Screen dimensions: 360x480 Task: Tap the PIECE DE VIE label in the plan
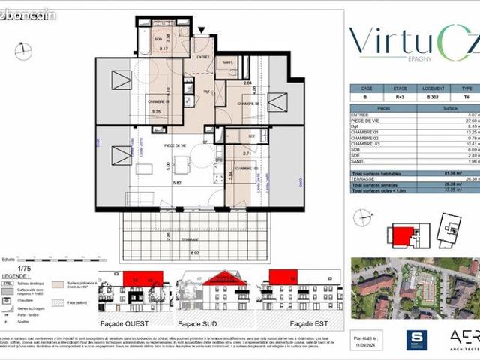click(x=175, y=145)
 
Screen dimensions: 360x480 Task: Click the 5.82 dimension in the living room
click(x=176, y=183)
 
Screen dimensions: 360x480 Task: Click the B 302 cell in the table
click(x=432, y=97)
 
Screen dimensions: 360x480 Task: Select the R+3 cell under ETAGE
click(x=400, y=97)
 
